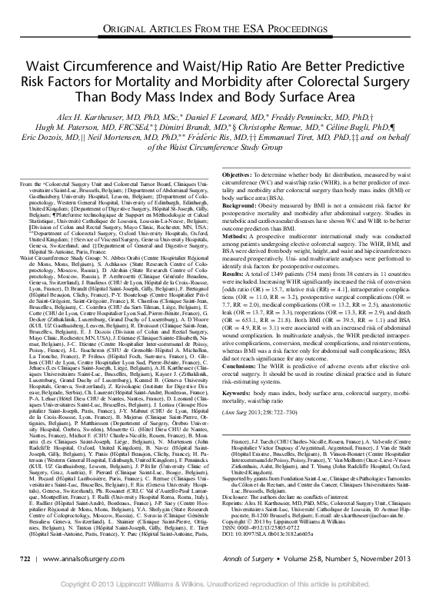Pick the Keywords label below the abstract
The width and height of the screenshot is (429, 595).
(236, 394)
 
